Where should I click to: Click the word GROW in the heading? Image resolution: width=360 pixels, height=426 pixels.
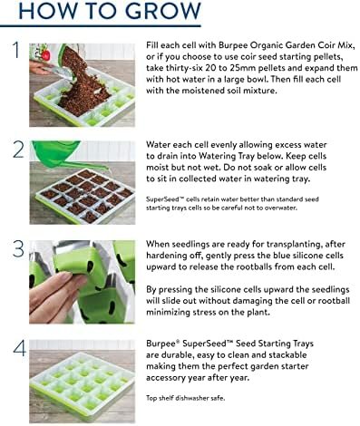click(x=163, y=11)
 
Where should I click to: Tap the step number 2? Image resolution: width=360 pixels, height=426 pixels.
click(x=18, y=150)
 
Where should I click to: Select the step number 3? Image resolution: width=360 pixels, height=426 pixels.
click(x=18, y=249)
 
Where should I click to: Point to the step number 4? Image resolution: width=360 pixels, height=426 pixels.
click(x=19, y=348)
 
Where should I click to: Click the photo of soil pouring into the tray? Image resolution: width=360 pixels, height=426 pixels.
click(x=83, y=85)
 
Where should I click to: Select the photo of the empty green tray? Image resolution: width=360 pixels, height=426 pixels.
click(x=83, y=382)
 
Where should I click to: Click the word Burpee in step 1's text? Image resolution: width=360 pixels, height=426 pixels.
click(x=232, y=45)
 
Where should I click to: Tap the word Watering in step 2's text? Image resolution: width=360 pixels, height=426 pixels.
click(x=217, y=156)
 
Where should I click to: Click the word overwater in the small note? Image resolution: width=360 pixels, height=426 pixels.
click(x=284, y=208)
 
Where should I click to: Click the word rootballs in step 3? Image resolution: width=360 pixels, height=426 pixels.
click(x=254, y=267)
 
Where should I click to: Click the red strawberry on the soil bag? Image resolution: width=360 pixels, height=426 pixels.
click(x=45, y=54)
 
